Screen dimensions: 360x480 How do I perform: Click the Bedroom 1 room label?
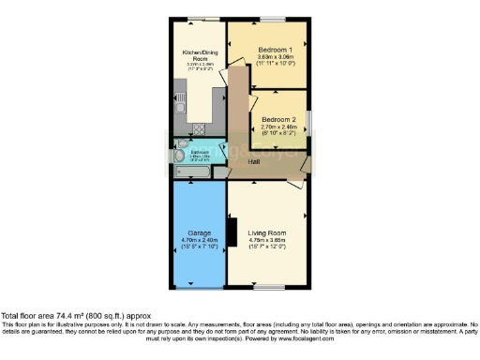click(276, 49)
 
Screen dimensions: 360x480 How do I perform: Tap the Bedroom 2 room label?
click(278, 120)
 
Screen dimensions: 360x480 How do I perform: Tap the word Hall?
click(254, 162)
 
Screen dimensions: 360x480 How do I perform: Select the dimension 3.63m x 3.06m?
click(276, 57)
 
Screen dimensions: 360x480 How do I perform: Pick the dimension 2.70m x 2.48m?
click(278, 127)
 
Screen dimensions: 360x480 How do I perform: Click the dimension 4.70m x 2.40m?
click(197, 239)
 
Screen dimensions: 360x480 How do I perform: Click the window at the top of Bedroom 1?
click(273, 19)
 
